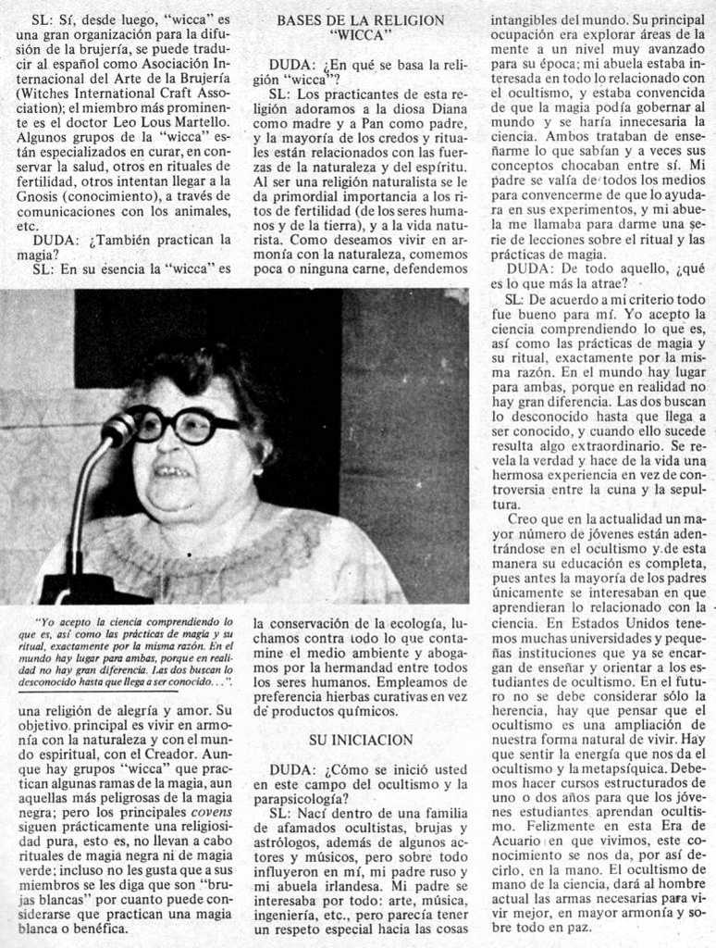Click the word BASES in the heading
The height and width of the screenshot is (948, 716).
pyautogui.click(x=300, y=19)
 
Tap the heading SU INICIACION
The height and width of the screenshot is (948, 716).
pyautogui.click(x=360, y=740)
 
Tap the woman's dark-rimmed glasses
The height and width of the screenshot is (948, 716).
pyautogui.click(x=180, y=424)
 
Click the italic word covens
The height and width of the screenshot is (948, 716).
pyautogui.click(x=211, y=812)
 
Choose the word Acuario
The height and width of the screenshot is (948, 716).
pyautogui.click(x=518, y=841)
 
